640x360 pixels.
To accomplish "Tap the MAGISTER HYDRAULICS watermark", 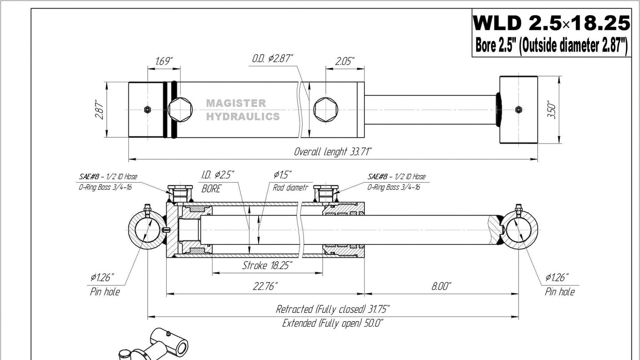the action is tap(243, 110).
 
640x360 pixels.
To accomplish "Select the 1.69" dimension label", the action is tap(164, 61).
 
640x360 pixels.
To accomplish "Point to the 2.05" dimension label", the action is tap(345, 61).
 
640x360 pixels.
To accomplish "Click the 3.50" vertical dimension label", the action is tap(552, 109).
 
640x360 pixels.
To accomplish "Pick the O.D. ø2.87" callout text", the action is tap(272, 59).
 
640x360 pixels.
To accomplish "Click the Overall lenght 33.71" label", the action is tap(332, 152).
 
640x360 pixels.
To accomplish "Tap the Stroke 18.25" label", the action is tap(267, 265).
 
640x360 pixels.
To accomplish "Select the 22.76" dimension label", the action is tap(265, 286).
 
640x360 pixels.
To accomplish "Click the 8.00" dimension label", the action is tap(441, 286).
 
